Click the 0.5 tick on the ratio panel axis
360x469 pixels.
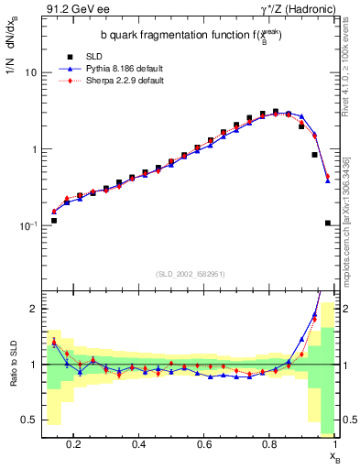click(29, 420)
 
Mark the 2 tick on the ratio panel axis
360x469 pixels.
click(33, 309)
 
